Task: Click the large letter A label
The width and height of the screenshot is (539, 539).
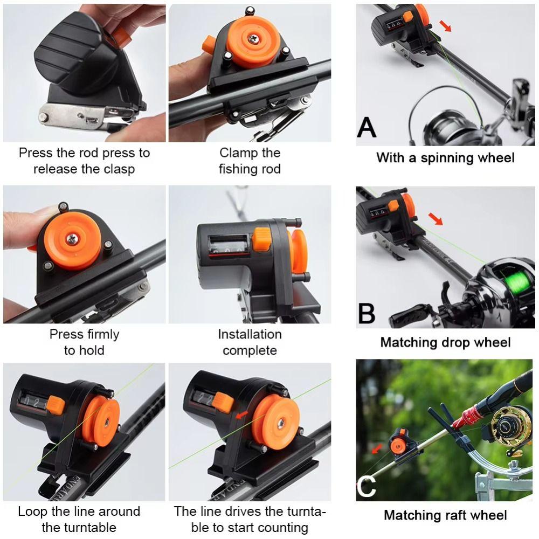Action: [367, 128]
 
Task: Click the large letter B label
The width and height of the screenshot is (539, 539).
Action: [367, 313]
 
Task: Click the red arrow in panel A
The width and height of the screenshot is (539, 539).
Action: [445, 26]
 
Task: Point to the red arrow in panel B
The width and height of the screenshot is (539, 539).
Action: [436, 219]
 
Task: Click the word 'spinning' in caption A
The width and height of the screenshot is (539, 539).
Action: [446, 158]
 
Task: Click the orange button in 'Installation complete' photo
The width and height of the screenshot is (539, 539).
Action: [262, 239]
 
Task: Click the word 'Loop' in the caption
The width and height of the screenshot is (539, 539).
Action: [33, 512]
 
